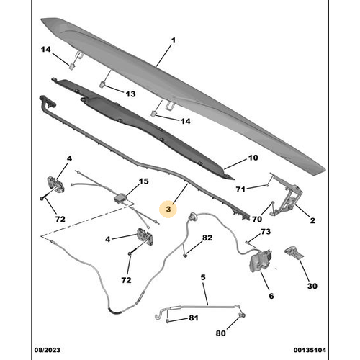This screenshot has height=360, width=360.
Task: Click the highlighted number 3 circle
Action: coord(168,210)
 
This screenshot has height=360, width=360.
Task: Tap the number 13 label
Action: coord(130,94)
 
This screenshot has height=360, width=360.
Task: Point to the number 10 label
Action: coord(253,158)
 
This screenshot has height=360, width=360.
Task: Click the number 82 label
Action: coord(207,238)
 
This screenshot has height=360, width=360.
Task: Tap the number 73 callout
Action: coord(266,232)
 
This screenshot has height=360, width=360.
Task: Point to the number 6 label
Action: coord(271,296)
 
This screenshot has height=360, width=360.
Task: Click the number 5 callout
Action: coord(203,276)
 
